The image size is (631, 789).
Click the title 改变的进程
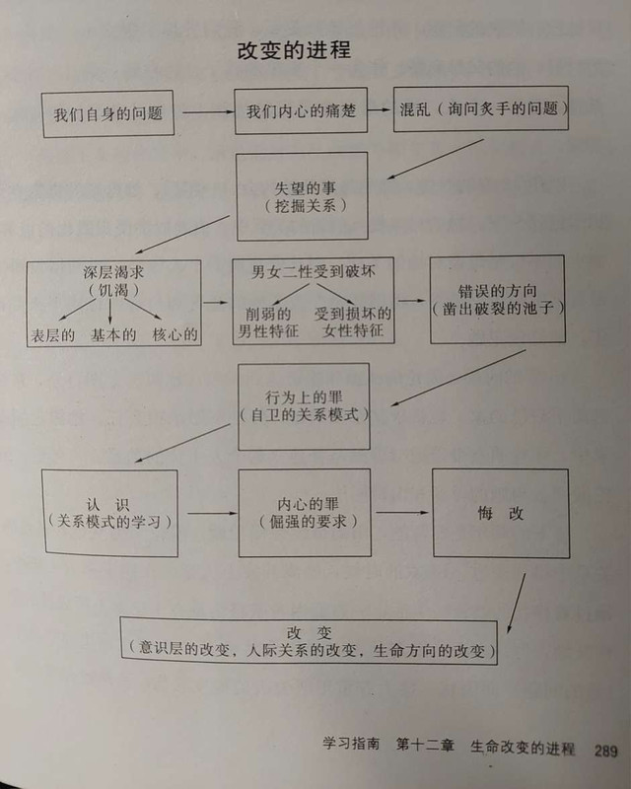coord(294,50)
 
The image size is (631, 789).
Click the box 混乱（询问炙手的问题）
coord(480,108)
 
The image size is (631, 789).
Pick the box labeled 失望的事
coord(302,195)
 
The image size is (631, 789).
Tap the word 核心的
coord(175,334)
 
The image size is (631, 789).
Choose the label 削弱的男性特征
coord(272,322)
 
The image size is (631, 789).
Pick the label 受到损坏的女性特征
coord(351,322)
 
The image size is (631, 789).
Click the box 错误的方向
coord(497,299)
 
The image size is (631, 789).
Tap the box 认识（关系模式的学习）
coord(109,512)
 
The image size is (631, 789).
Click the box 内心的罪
coord(305,512)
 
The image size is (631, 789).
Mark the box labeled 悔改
coord(501,513)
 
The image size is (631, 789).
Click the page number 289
coord(605,749)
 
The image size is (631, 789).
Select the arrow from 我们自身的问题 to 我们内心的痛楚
coord(206,111)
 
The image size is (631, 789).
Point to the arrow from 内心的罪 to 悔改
coord(402,512)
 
